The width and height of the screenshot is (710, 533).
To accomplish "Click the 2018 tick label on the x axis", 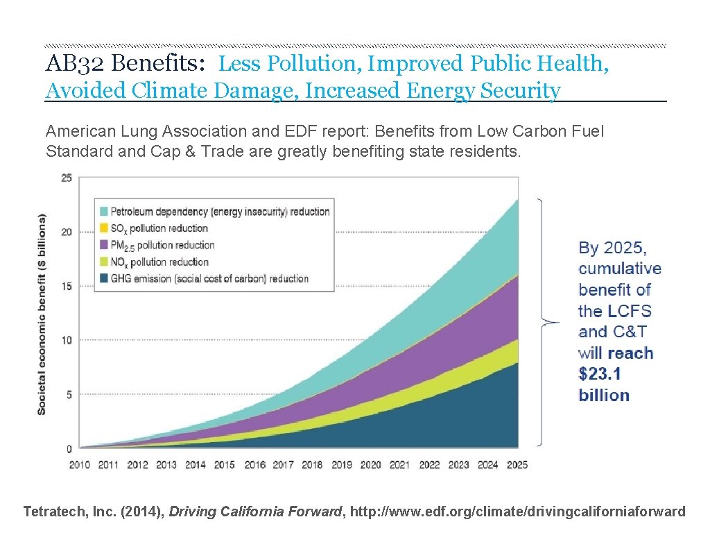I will pos(312,464).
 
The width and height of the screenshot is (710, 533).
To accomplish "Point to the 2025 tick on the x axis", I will pos(517,464).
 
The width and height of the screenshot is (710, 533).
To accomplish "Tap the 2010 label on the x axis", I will pos(79,464).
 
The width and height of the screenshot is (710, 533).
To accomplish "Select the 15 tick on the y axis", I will pos(66,286).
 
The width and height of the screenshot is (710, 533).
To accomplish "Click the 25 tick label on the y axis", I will pos(66,178).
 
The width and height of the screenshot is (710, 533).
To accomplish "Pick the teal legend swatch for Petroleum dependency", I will pos(103,212).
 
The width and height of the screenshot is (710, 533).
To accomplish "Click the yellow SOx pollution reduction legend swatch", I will pos(103,228).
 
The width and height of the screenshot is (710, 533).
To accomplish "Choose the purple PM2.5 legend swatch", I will pos(103,245).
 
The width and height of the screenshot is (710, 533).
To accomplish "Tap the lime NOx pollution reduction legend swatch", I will pos(103,262).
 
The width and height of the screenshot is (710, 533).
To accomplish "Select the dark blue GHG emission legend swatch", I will pos(103,278).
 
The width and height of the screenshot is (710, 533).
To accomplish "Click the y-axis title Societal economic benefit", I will pos(42,314).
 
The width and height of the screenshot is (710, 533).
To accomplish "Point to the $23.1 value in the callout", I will pos(600,374).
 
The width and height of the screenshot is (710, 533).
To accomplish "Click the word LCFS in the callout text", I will pos(626,311).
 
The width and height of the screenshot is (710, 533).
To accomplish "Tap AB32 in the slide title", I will pos(75,64).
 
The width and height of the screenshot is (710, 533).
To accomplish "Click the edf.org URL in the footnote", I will pos(518,512).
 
